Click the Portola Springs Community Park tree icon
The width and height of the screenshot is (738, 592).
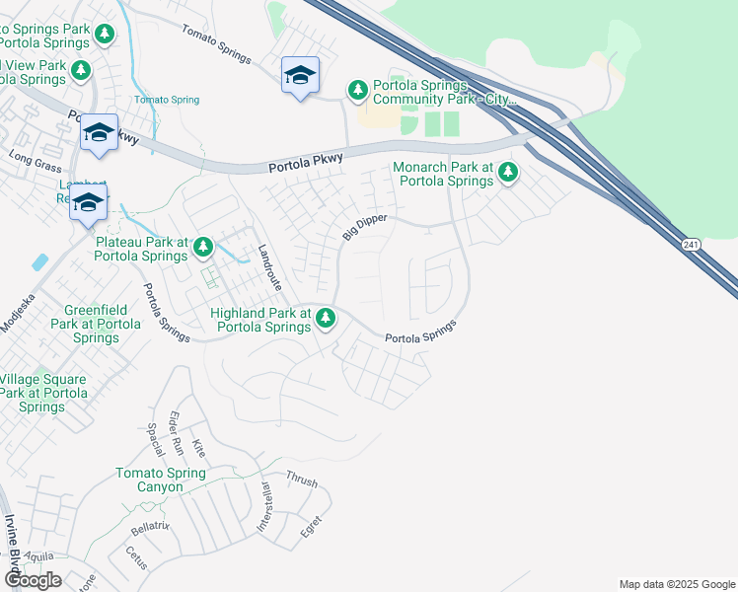(x=357, y=91)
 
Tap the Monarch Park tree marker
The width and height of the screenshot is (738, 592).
(x=508, y=174)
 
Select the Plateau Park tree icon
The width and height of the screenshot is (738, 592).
(x=203, y=247)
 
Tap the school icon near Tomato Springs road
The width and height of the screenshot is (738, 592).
(x=300, y=76)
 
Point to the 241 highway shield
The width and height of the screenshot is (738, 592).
(x=691, y=243)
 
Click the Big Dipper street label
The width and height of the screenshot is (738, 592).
(x=365, y=226)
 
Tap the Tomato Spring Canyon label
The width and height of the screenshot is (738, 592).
(x=161, y=481)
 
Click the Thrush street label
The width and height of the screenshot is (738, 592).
(x=301, y=480)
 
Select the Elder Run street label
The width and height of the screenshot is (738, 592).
(x=177, y=431)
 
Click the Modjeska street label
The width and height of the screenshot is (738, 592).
(x=17, y=312)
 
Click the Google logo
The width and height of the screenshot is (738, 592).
(x=33, y=580)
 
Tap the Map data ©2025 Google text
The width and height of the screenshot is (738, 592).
(x=677, y=584)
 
